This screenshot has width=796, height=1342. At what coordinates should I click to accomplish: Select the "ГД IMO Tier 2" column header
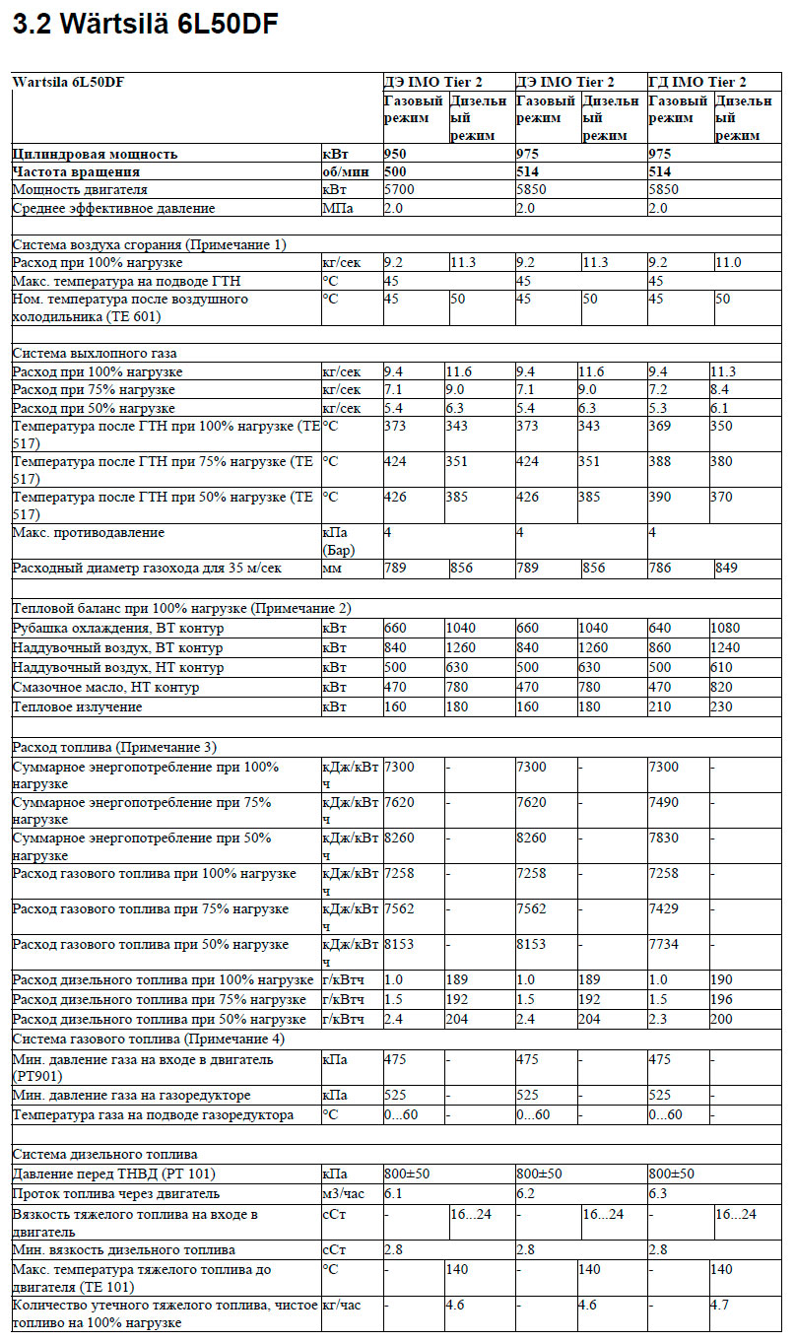click(696, 82)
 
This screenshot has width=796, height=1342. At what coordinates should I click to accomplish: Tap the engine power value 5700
click(400, 189)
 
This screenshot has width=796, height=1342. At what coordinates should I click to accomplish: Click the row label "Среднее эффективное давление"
click(113, 208)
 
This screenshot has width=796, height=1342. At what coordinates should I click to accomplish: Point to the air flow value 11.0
click(729, 262)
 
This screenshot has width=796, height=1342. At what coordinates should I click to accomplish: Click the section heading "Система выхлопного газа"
click(95, 353)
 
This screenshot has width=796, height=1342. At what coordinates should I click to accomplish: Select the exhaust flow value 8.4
click(721, 390)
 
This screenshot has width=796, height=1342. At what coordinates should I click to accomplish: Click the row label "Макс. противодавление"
click(89, 533)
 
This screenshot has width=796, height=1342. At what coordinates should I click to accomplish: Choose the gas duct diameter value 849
click(728, 569)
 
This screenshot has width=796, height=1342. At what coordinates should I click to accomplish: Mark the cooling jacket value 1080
click(727, 629)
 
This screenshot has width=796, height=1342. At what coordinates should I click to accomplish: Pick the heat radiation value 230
click(721, 706)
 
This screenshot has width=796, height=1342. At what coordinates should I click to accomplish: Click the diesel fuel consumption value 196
click(721, 999)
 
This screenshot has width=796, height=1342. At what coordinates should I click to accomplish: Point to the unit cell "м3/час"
click(343, 1193)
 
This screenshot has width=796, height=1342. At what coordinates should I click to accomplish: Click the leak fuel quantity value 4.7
click(719, 1306)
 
